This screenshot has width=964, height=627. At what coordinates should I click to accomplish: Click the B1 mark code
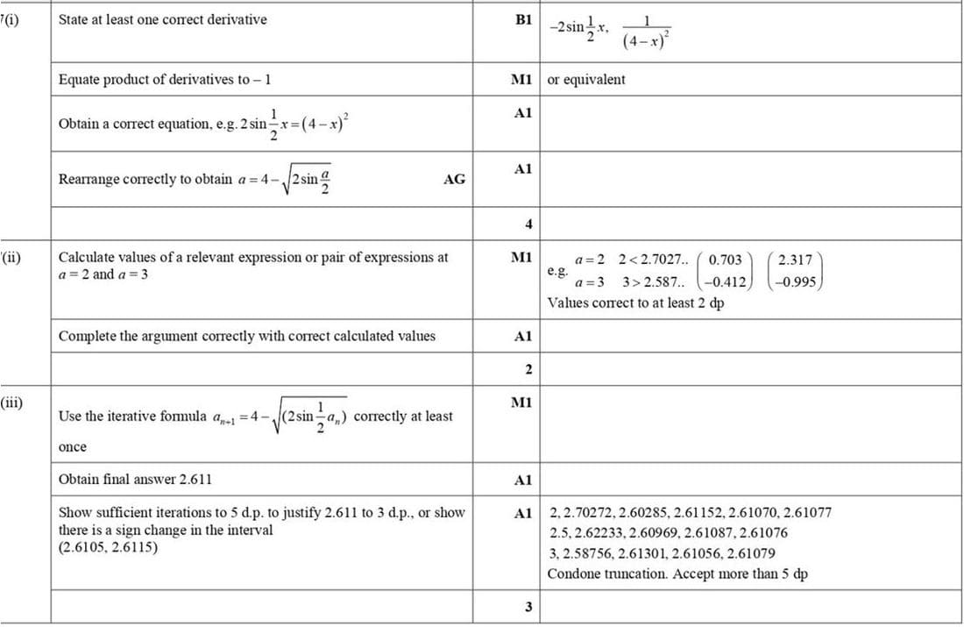[x=524, y=18]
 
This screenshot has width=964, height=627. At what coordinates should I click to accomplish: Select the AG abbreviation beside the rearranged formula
[x=454, y=179]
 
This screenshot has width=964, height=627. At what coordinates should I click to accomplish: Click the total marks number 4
[x=528, y=224]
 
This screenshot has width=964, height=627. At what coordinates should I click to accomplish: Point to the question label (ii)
[x=11, y=258]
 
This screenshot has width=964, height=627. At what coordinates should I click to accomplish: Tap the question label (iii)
[x=12, y=403]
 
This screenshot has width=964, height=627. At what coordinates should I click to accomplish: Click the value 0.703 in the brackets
[x=725, y=260]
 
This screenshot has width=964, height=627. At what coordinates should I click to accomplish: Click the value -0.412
[x=727, y=282]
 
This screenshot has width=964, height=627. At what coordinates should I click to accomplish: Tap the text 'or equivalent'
[x=586, y=80]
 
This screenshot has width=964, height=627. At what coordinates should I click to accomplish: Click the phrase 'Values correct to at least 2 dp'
[x=635, y=303]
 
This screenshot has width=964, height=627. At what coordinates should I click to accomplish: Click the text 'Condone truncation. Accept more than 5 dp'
[x=677, y=574]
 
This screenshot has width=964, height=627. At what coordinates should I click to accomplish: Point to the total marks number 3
[x=528, y=607]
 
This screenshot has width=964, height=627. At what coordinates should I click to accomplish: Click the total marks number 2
[x=528, y=368]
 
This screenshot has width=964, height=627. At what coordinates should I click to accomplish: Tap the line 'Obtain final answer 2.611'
[x=134, y=479]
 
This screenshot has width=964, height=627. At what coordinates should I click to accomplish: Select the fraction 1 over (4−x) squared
[x=647, y=32]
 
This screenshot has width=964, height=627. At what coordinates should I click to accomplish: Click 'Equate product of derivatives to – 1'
[x=165, y=80]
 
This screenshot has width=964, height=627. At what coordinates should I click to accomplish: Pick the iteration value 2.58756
[x=592, y=553]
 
